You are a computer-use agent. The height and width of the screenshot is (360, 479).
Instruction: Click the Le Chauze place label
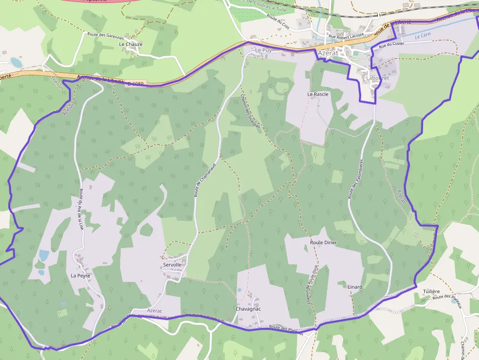(131, 44)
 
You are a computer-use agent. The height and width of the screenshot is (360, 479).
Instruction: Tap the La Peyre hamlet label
(81, 275)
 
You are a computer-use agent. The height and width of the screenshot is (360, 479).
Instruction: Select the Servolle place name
(172, 265)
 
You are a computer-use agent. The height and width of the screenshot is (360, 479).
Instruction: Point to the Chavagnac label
(248, 309)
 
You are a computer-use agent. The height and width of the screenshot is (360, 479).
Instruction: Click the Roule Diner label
(324, 242)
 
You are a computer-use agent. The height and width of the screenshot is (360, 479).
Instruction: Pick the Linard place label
(355, 287)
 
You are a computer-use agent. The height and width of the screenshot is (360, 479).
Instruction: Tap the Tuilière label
(431, 291)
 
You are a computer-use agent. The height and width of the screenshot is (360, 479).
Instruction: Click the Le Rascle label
(318, 94)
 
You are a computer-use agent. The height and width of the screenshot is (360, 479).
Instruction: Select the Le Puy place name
(263, 50)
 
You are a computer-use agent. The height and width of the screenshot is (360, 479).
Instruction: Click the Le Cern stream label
(423, 36)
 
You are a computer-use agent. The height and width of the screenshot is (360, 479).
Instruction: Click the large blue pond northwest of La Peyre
(44, 255)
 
